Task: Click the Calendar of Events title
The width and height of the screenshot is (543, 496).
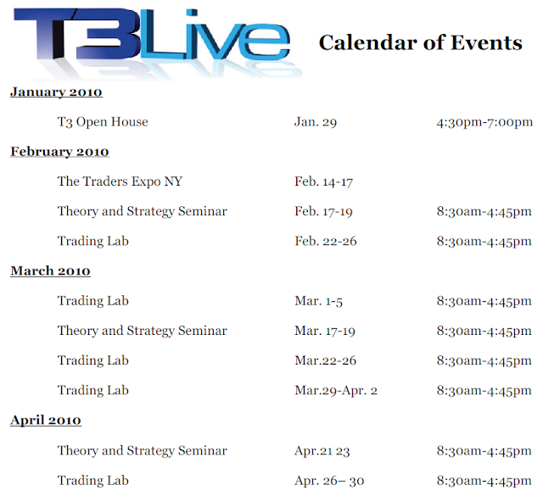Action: click(x=421, y=42)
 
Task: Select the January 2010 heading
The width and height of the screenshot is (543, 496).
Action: click(x=56, y=92)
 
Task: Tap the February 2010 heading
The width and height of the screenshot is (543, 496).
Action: click(x=59, y=152)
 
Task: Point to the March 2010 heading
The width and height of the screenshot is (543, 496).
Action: click(x=50, y=270)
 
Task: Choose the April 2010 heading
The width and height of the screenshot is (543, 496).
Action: click(x=46, y=421)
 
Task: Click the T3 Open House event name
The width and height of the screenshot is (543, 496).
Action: click(x=103, y=122)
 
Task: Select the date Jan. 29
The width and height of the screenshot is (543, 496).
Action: click(x=316, y=122)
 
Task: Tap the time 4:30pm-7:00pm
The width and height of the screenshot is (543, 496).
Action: click(x=484, y=122)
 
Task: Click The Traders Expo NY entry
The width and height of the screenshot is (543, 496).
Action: click(x=120, y=181)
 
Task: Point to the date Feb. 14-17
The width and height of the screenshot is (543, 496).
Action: click(x=324, y=181)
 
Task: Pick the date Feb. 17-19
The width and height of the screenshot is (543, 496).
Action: click(x=324, y=211)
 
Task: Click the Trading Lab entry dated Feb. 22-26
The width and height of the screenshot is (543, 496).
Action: click(x=93, y=241)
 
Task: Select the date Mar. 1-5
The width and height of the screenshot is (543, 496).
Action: click(x=319, y=301)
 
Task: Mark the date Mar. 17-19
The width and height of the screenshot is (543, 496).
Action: click(x=325, y=331)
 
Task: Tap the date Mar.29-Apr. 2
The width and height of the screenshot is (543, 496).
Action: click(x=336, y=390)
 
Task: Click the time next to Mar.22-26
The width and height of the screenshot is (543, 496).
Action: click(x=484, y=360)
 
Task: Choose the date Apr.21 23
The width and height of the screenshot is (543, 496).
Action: click(x=322, y=451)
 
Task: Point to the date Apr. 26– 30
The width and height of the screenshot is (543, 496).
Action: click(x=329, y=481)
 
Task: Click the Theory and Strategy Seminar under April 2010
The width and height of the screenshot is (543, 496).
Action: click(x=143, y=451)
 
